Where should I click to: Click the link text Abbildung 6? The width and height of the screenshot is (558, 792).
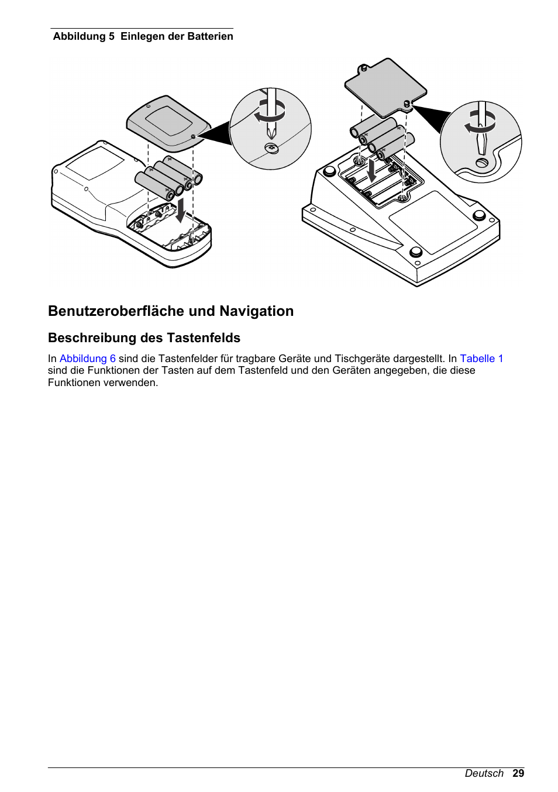(88, 359)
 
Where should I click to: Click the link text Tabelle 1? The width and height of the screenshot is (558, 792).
(481, 359)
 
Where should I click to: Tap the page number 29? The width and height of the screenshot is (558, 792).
(518, 773)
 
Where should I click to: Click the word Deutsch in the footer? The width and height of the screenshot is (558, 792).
(484, 773)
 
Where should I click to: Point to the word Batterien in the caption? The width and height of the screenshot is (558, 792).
(211, 36)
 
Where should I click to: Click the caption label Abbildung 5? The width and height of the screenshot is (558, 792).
(84, 36)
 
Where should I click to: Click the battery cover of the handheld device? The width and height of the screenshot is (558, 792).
(168, 123)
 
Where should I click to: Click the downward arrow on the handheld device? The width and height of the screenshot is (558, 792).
(181, 209)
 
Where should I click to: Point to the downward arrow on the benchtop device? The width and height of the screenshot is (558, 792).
(372, 170)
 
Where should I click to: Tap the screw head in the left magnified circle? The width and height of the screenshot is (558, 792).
(271, 149)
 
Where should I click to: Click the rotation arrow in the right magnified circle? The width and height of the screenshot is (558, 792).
(480, 123)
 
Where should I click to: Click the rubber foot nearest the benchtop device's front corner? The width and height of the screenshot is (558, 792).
(416, 252)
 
